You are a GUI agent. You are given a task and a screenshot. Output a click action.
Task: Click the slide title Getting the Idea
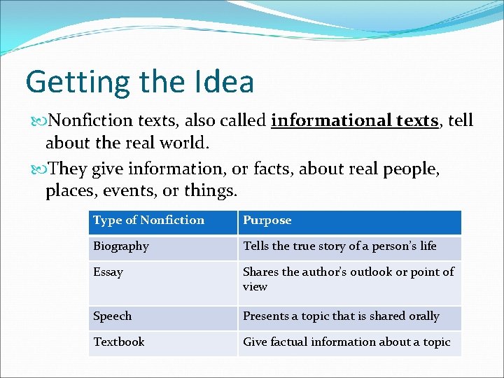pos(139,82)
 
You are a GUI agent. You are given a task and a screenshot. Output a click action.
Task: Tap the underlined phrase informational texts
pos(354,120)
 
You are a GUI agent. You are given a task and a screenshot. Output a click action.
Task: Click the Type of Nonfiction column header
pos(148,220)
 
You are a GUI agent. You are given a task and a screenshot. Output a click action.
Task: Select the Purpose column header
pos(267,220)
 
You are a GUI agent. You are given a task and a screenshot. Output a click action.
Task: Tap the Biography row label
pos(121,246)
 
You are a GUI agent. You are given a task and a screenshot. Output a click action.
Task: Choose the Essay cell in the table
pos(108,272)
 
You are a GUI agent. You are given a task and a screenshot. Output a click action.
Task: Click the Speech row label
pos(112,316)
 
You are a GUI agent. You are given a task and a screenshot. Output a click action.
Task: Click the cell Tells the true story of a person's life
pos(339,246)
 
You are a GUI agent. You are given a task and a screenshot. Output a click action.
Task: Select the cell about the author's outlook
pos(348,279)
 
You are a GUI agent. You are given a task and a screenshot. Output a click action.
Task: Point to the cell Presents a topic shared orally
pos(341,316)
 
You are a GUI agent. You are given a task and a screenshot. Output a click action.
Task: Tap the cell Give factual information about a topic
pos(346,342)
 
